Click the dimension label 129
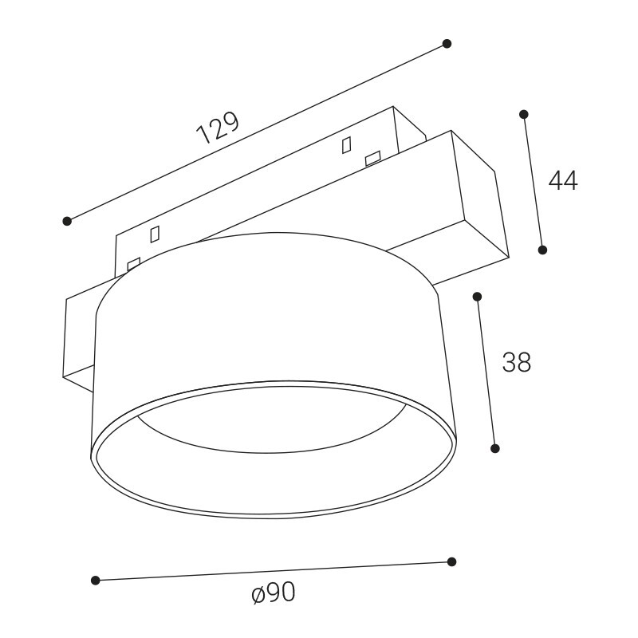217,128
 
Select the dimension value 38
517,362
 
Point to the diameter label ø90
274,592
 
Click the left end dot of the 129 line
67,221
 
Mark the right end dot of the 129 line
447,44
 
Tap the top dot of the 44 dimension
524,114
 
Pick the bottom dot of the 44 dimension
542,250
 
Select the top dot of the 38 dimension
477,297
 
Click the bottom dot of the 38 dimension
495,448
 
